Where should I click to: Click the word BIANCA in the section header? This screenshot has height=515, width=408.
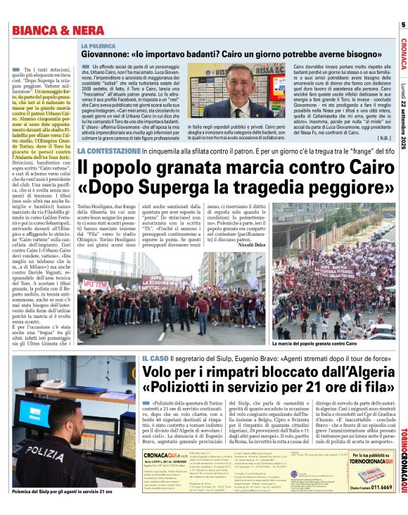[x=33, y=30]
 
